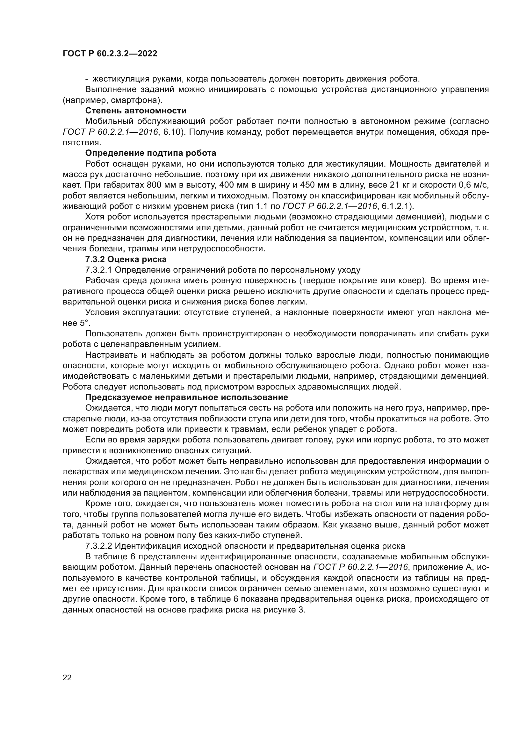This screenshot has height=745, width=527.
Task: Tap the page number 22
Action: pyautogui.click(x=67, y=677)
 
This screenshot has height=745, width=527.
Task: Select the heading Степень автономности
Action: pyautogui.click(x=136, y=111)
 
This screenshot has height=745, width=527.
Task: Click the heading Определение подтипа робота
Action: pyautogui.click(x=151, y=153)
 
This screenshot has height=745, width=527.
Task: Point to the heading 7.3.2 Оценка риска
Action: pyautogui.click(x=126, y=259)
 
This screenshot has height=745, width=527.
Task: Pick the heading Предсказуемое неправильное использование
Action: pyautogui.click(x=187, y=398)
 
